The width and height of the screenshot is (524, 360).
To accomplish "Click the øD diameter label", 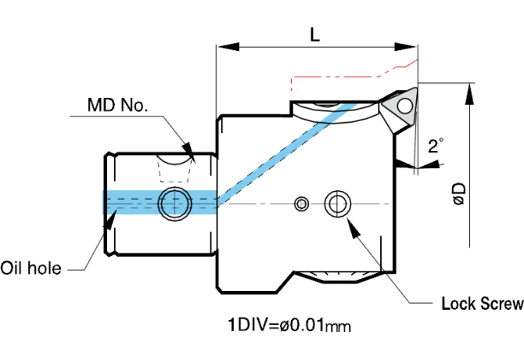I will tap(459, 193).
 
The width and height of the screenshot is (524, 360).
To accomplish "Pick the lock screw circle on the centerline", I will tap(337, 204).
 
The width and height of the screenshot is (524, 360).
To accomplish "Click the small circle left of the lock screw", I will tap(301, 204).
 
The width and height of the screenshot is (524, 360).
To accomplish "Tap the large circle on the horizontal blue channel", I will tap(173, 203).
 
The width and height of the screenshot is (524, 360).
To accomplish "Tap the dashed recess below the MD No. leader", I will tap(174, 169).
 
